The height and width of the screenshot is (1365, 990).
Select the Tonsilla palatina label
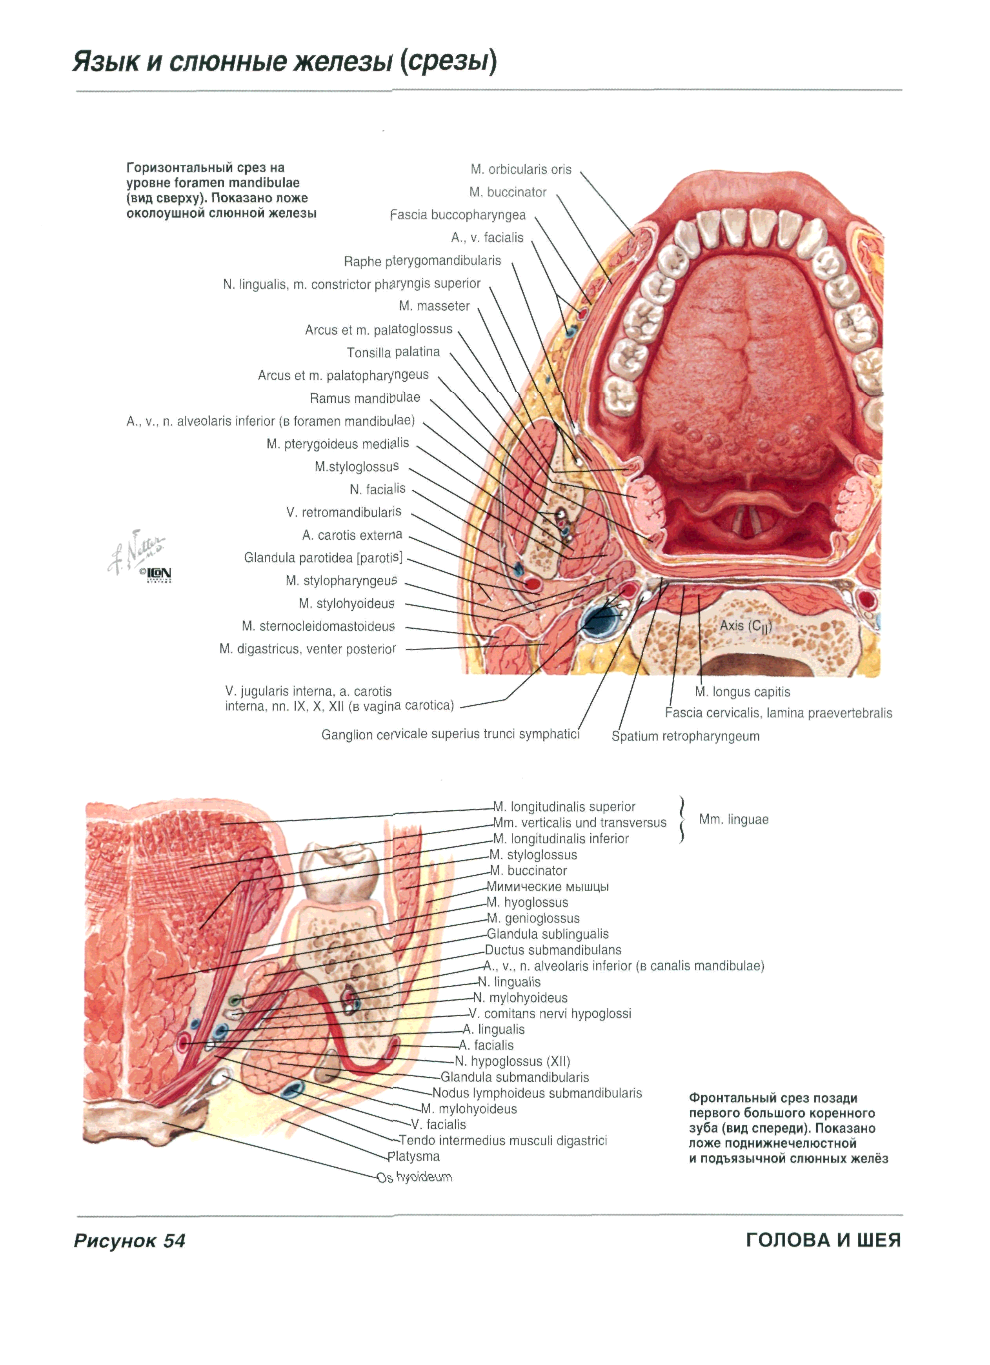393,352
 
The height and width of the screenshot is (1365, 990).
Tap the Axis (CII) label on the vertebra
746,626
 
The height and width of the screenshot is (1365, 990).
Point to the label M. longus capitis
742,692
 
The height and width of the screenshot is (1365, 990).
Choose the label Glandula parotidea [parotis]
322,558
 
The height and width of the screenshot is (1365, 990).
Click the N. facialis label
377,489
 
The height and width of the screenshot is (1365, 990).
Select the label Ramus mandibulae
365,398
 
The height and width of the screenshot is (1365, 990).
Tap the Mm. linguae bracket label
733,820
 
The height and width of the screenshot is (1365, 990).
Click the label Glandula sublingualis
548,934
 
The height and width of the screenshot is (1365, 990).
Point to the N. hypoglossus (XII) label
512,1061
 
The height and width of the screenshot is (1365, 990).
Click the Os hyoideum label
415,1177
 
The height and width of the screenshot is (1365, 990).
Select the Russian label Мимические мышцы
548,886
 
